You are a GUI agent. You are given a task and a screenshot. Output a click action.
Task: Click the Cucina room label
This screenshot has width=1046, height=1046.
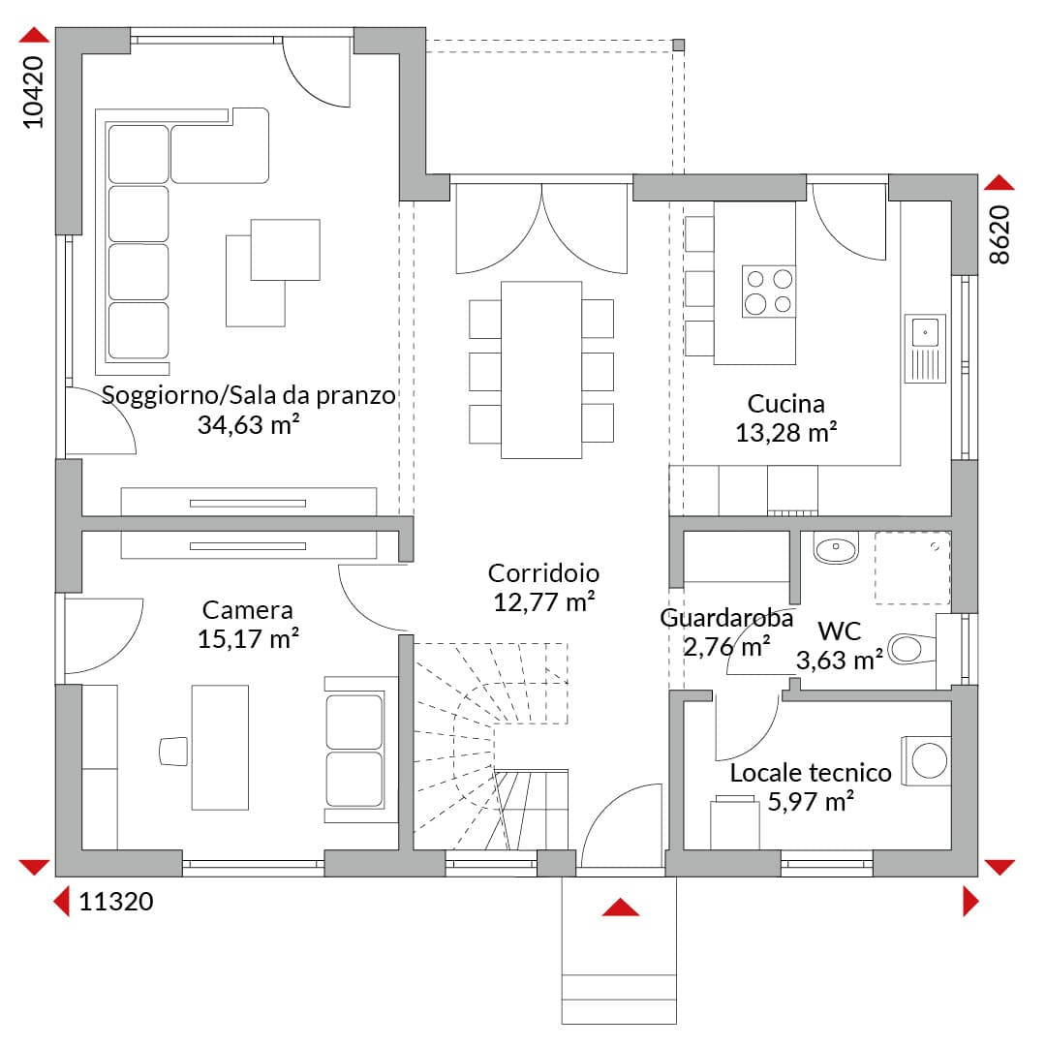(785, 404)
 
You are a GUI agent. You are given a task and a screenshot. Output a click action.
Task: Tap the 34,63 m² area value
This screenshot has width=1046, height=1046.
(248, 424)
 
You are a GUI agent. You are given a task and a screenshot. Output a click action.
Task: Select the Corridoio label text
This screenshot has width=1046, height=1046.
(543, 573)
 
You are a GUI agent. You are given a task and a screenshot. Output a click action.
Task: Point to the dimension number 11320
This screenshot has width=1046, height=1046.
(116, 902)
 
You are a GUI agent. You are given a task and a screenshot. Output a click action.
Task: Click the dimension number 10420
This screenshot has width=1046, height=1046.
(33, 92)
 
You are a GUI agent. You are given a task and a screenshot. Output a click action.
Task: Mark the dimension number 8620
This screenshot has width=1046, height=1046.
(1000, 234)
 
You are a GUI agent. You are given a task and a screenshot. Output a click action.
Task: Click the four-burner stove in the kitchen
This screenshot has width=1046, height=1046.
(768, 291)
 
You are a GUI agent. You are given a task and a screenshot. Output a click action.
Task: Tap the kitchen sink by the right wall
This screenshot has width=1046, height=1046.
(925, 349)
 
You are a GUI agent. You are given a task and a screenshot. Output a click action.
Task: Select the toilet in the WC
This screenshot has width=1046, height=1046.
(912, 648)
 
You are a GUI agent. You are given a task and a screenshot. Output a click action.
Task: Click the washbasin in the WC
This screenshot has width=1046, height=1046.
(835, 547)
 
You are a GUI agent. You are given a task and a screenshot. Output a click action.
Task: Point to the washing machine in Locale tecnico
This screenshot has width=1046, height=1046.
(927, 760)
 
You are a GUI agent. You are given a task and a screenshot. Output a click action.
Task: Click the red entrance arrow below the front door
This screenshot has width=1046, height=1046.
(621, 907)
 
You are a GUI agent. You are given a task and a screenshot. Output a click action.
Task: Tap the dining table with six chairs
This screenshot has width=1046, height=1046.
(541, 370)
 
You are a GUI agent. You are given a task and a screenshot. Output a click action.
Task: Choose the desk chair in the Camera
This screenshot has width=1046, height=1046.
(173, 752)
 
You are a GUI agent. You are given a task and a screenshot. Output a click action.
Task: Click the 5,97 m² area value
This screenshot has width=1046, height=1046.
(811, 801)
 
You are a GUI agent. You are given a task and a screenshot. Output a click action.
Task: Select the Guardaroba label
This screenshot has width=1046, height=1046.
(726, 618)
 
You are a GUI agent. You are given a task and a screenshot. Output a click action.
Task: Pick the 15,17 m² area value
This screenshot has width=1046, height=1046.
(248, 639)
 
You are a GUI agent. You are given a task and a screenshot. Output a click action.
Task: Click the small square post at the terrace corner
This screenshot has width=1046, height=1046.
(678, 46)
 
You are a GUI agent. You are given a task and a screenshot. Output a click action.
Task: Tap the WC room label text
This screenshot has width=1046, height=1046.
(839, 631)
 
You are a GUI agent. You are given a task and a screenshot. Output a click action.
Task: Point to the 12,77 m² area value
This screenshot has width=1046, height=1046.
(543, 602)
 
